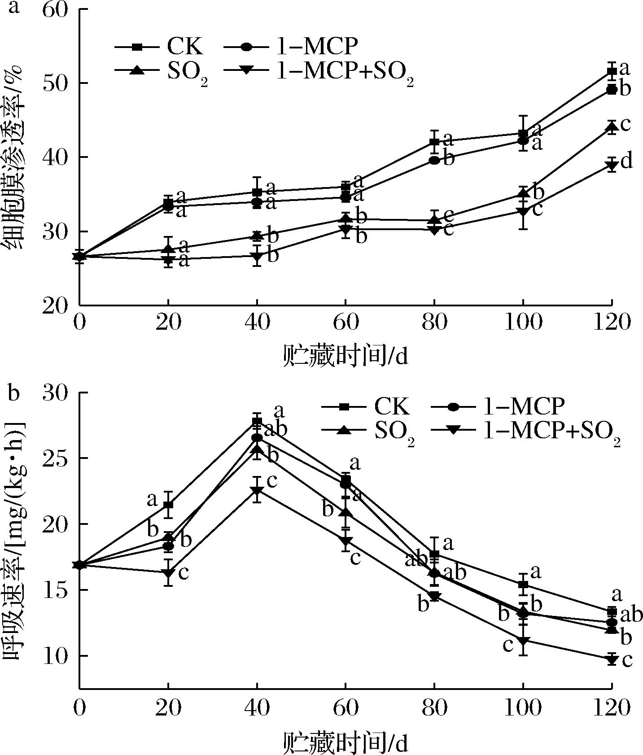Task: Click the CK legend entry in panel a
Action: click(x=159, y=46)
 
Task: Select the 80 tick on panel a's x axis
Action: click(x=434, y=322)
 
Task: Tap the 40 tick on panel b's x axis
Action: click(x=257, y=708)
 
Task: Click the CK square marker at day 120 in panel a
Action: click(x=611, y=71)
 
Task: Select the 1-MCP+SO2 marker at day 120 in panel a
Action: click(x=611, y=166)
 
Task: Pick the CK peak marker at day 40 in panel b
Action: click(x=257, y=421)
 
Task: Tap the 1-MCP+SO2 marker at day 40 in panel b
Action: click(x=257, y=490)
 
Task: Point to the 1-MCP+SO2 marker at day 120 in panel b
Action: click(x=611, y=659)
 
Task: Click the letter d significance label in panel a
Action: click(x=626, y=161)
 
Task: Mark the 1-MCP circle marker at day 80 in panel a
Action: click(x=434, y=160)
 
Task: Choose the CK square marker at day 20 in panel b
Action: click(x=168, y=505)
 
